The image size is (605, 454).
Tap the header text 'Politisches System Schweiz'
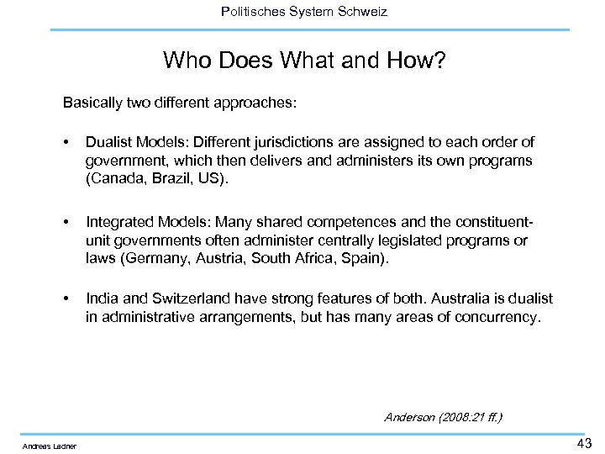(303, 11)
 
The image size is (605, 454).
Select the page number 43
(583, 443)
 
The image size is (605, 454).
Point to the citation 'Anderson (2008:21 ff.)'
(443, 416)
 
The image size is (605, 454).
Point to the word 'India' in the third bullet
(100, 299)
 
